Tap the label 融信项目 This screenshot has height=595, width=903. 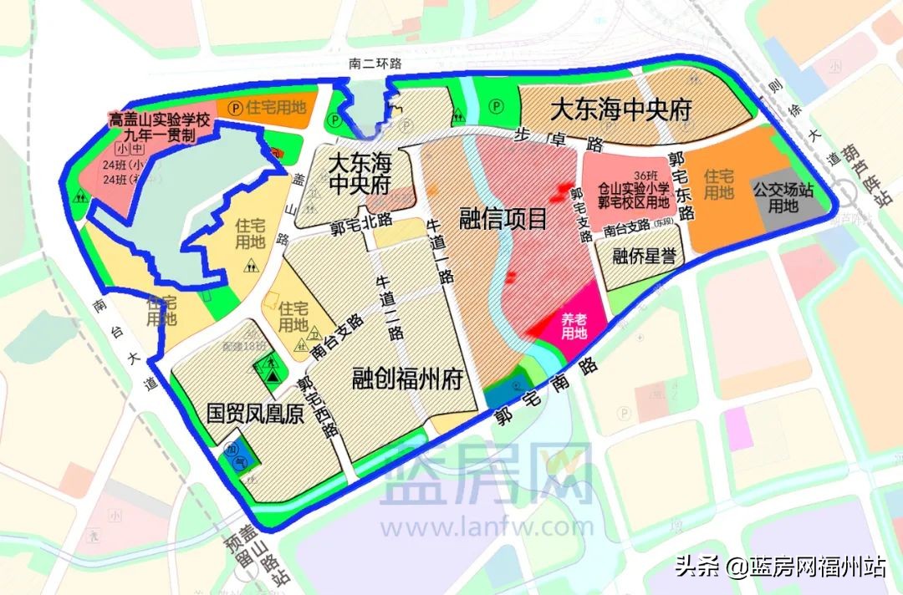(503, 219)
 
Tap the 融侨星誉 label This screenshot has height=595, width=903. (644, 255)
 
